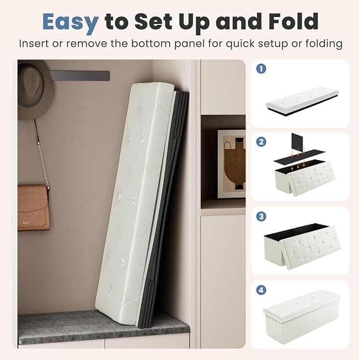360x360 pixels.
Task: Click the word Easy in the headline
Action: point(71,22)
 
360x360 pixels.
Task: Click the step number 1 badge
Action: point(261,68)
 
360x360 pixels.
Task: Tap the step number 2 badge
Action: point(261,142)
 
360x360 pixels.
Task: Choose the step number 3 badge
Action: point(261,216)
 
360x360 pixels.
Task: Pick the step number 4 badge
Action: point(261,290)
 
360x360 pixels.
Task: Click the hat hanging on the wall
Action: point(34,92)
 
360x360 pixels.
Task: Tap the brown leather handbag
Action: point(33,208)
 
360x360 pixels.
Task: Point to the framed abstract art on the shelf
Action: point(231,164)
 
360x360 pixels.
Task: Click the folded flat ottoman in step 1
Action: point(302,101)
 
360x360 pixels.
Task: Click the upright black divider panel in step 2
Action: point(298,142)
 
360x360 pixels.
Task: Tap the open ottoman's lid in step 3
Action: point(311,248)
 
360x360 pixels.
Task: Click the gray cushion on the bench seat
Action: point(103,326)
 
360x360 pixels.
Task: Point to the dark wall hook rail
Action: point(81,76)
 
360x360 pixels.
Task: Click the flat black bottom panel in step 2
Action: point(299,156)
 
